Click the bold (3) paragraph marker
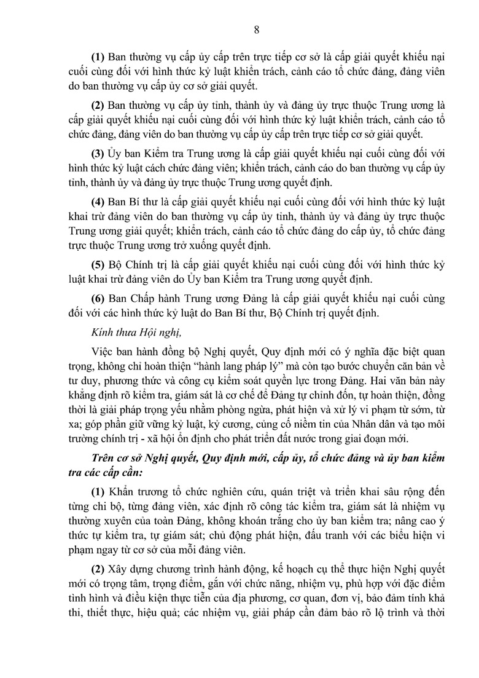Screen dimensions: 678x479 [x=98, y=152]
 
